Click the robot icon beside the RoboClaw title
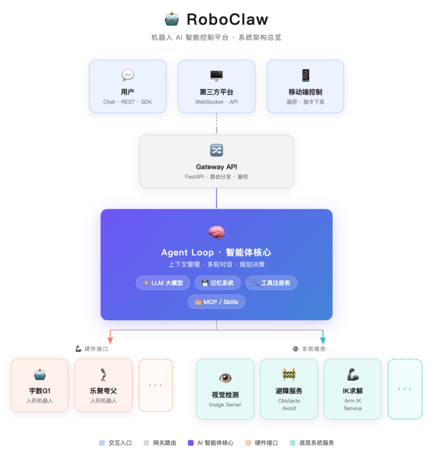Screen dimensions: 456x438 point(172,19)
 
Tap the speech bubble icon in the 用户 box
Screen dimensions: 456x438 point(128,75)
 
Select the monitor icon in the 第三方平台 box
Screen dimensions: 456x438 point(217,75)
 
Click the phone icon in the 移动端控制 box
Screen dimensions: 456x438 point(305,75)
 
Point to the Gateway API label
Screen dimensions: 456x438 point(217,167)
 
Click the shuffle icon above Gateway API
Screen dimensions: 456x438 point(217,150)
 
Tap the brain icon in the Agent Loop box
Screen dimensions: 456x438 point(217,232)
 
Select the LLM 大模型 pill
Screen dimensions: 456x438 point(163,283)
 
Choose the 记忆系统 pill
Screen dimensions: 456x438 point(217,283)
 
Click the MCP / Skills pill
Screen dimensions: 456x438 point(217,302)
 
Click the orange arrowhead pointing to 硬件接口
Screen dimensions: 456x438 point(110,340)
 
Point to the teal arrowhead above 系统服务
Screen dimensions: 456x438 point(323,340)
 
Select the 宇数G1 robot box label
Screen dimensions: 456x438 point(40,391)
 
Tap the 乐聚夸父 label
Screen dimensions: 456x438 point(103,391)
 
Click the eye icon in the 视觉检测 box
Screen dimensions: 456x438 point(225,378)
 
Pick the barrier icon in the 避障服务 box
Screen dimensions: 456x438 point(289,375)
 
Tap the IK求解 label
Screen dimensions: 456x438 point(353,391)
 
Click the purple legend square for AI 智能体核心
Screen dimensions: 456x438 point(191,443)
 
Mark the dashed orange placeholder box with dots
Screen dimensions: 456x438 point(156,385)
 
